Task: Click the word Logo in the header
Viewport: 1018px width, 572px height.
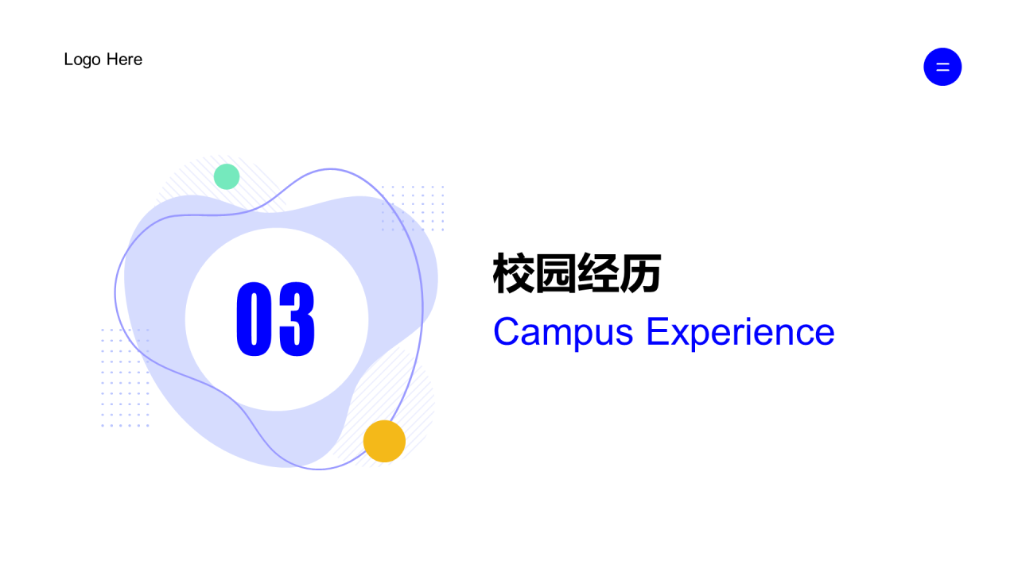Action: click(x=82, y=60)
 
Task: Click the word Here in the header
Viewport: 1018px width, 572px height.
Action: click(x=124, y=60)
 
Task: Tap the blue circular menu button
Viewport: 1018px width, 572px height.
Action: click(x=942, y=67)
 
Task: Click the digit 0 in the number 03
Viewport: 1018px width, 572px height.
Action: click(x=254, y=319)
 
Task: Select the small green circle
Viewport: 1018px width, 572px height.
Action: click(x=227, y=176)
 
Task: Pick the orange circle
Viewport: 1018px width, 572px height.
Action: click(x=384, y=441)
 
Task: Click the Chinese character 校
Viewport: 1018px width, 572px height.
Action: click(x=514, y=274)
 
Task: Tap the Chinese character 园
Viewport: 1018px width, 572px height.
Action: click(x=556, y=274)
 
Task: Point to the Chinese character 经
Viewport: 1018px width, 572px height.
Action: click(x=598, y=274)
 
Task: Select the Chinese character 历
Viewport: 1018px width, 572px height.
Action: click(x=641, y=274)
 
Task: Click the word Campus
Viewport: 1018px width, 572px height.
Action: click(x=563, y=332)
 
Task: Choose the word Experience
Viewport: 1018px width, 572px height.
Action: click(x=740, y=332)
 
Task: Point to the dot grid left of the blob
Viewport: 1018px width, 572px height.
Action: click(x=125, y=377)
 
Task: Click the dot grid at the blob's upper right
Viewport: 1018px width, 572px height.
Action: click(x=412, y=208)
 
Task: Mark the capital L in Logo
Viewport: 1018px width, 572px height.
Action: click(x=68, y=60)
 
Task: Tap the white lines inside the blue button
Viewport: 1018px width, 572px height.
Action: click(x=942, y=67)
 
